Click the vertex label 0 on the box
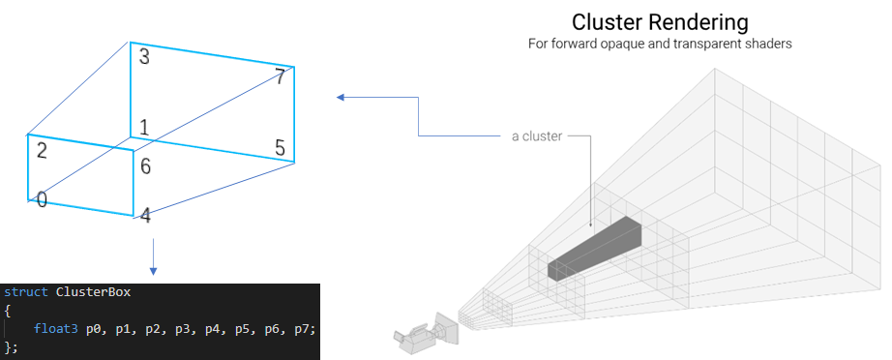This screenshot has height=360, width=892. tap(42, 199)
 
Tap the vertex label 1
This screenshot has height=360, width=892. tap(144, 128)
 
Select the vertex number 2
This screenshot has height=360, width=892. tap(42, 150)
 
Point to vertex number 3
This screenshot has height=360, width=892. tap(144, 57)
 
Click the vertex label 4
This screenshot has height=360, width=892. tap(145, 215)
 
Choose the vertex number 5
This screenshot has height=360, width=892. tap(280, 148)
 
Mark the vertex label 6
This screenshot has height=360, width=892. tap(145, 166)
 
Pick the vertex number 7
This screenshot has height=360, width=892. tap(280, 77)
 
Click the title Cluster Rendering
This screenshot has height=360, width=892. tap(660, 22)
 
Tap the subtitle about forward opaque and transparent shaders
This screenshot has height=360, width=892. tap(660, 45)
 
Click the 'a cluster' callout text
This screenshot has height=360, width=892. tap(536, 136)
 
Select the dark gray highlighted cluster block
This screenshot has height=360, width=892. tap(595, 248)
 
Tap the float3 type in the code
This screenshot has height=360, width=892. tap(52, 328)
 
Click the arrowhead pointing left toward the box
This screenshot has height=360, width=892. tap(341, 97)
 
